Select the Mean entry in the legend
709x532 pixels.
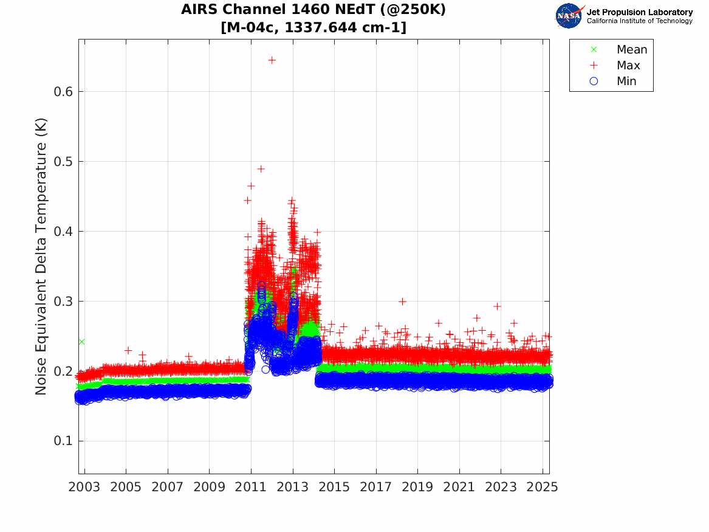(x=631, y=50)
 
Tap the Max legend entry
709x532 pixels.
(x=628, y=66)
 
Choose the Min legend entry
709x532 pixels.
(x=626, y=81)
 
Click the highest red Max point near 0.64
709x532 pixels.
(x=272, y=60)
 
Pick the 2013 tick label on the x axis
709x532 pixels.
(x=293, y=487)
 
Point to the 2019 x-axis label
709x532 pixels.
(x=417, y=487)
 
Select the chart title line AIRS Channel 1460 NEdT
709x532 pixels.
(x=313, y=10)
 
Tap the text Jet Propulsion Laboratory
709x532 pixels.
(x=639, y=12)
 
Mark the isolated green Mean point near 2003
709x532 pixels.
(x=81, y=342)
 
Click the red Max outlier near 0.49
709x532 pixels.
(x=261, y=169)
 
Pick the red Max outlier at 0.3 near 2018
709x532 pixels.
(x=402, y=302)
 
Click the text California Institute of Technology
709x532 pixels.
(x=639, y=21)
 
